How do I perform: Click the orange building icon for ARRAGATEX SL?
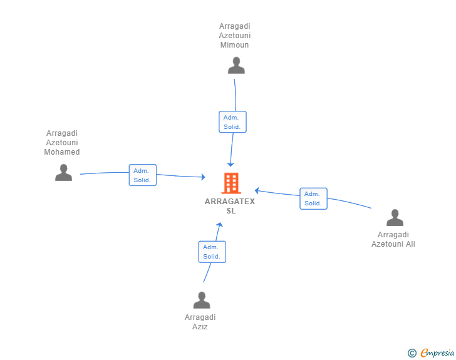(x=231, y=183)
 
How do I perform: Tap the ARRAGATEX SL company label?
(x=230, y=206)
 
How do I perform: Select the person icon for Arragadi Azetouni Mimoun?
(x=236, y=66)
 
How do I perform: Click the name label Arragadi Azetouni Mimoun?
(x=235, y=36)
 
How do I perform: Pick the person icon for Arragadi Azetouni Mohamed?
(x=63, y=172)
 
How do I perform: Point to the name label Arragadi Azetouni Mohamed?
(x=62, y=143)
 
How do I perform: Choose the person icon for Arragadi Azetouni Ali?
(x=395, y=217)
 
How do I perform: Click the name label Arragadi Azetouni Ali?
(x=393, y=239)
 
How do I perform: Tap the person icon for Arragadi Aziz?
(x=202, y=300)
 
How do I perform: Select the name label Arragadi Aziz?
(x=200, y=322)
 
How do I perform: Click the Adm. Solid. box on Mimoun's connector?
(x=232, y=122)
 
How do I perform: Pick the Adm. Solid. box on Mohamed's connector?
(x=143, y=175)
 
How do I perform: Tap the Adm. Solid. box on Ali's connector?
(x=313, y=198)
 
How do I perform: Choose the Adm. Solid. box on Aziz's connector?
(x=212, y=252)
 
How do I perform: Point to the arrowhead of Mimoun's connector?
(x=231, y=165)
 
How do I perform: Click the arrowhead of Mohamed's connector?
(x=204, y=177)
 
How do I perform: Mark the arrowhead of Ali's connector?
(x=257, y=191)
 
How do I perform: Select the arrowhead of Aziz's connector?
(x=220, y=224)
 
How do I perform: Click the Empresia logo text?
(x=437, y=352)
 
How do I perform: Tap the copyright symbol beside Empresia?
(x=412, y=353)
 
